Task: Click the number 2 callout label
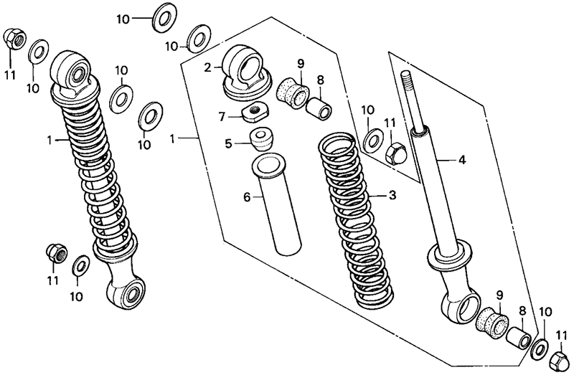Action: tap(207, 68)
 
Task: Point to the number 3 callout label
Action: tap(392, 194)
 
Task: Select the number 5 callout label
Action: tap(228, 143)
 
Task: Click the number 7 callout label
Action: tap(222, 115)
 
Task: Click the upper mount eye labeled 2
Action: tap(244, 68)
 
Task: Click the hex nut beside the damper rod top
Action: tap(395, 153)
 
